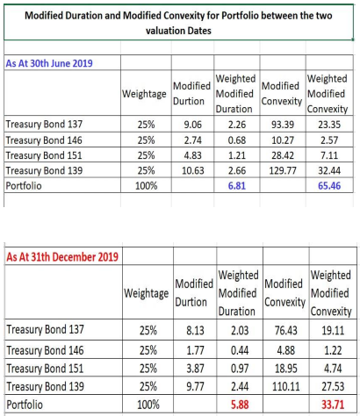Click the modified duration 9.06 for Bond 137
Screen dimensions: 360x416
[x=191, y=124]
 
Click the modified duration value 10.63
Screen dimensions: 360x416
[x=191, y=171]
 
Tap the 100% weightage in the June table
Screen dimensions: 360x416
[x=146, y=186]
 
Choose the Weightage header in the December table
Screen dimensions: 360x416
[x=147, y=294]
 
